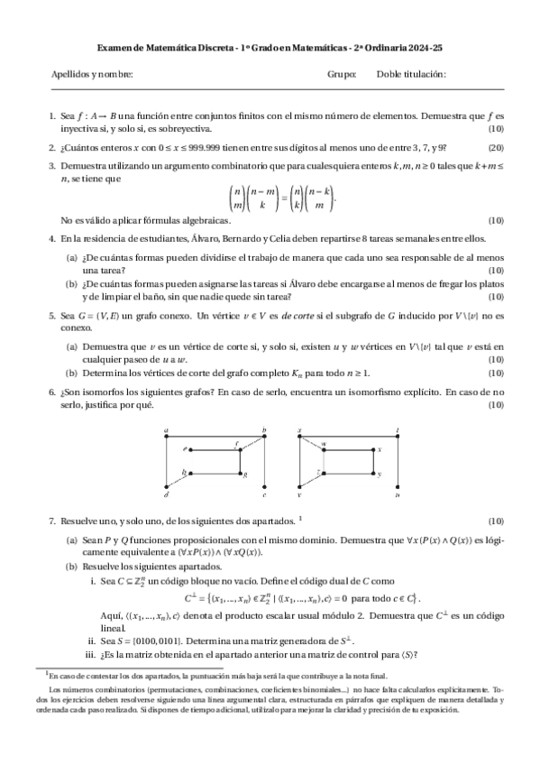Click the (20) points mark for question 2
coord(496,148)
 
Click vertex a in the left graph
coord(168,433)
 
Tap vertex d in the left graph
coord(167,495)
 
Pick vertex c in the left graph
coord(263,495)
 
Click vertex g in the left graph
coord(244,474)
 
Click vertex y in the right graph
coord(380,474)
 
